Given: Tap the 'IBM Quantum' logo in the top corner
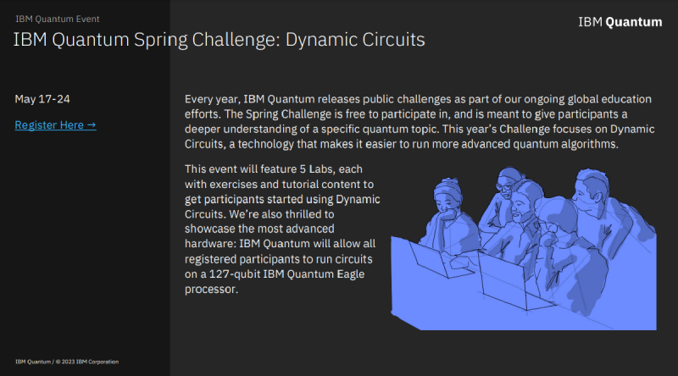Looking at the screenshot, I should coord(620,22).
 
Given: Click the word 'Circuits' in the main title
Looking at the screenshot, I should coord(391,40).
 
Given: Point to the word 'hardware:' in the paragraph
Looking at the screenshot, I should coord(213,243).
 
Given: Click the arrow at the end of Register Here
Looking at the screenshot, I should coord(92,125).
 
